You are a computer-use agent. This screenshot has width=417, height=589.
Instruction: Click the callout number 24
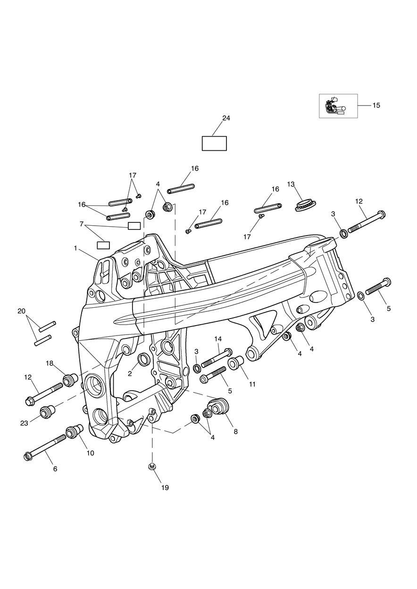tap(226, 118)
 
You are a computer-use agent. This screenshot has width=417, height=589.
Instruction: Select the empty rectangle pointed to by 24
tap(214, 143)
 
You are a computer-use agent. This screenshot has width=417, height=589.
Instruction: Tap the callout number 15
tap(376, 106)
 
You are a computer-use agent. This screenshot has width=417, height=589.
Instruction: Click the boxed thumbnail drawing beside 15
tap(338, 106)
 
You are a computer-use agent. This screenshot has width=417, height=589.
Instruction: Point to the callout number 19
tap(165, 488)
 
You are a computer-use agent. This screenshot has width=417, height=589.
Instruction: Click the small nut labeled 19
tap(152, 466)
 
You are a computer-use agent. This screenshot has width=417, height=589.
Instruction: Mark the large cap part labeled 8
tap(218, 406)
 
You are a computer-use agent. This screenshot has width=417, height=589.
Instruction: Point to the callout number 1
tap(75, 247)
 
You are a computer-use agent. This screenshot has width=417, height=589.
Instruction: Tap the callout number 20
tap(21, 311)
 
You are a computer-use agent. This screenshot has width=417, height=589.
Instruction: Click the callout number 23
tap(24, 423)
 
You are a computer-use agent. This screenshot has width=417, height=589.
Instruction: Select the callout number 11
tap(252, 384)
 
